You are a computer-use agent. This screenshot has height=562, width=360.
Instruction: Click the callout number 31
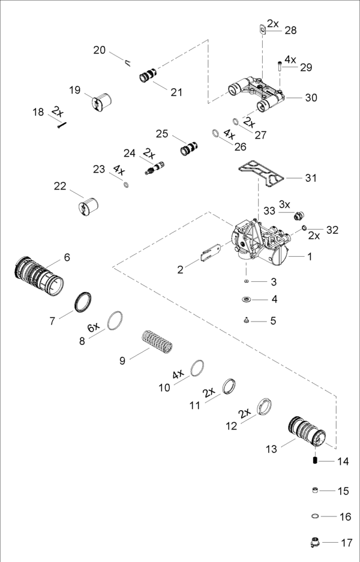click(x=311, y=178)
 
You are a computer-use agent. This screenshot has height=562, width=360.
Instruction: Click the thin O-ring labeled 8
click(x=116, y=321)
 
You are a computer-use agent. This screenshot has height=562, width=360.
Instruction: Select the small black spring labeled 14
click(x=314, y=461)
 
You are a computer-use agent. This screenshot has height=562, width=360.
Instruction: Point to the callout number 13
click(x=272, y=449)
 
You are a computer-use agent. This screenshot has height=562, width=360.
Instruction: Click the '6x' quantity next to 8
click(x=93, y=327)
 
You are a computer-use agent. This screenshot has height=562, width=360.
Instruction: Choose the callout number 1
click(x=310, y=257)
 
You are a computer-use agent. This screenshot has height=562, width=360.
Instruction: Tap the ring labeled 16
click(x=314, y=515)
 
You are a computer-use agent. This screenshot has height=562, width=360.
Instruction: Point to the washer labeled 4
click(x=246, y=299)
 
